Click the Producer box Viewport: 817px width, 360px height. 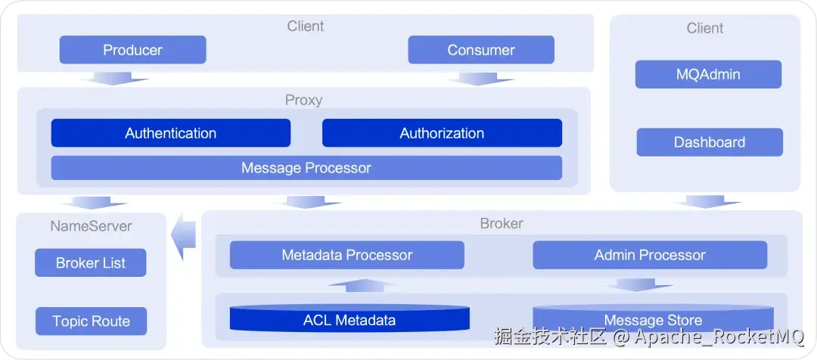132,51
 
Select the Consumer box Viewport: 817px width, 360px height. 481,51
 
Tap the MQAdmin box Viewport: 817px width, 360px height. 708,75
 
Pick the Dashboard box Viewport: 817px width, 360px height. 710,142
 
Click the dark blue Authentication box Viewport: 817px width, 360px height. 171,133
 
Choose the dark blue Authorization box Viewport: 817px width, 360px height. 442,133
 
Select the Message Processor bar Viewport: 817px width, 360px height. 306,168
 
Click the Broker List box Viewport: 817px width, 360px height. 91,263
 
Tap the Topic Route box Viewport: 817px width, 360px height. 91,321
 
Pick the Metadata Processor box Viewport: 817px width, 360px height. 347,255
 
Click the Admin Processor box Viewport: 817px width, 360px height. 650,255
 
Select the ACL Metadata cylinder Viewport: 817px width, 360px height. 349,319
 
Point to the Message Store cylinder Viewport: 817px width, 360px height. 653,319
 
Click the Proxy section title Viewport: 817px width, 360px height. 303,100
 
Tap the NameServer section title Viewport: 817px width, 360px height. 91,225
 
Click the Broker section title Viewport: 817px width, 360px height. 502,224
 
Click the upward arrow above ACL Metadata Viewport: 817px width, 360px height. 360,286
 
